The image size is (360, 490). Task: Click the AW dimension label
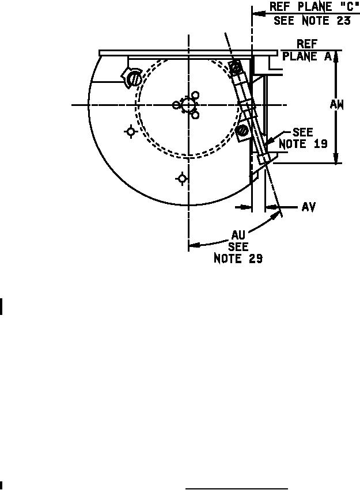[336, 105]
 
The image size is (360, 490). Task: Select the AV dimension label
[308, 207]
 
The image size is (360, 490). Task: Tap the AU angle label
[238, 235]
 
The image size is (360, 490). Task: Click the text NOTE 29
[238, 259]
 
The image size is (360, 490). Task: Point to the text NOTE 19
[303, 144]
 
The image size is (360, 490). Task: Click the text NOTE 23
[326, 21]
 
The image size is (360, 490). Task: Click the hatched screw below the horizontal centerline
[242, 130]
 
